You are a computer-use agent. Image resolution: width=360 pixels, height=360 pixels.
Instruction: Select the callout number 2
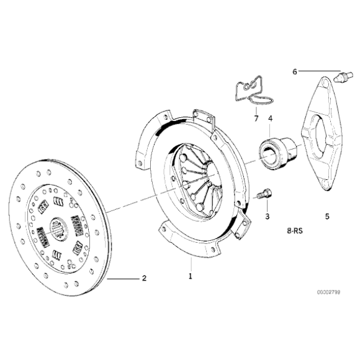pos(144,279)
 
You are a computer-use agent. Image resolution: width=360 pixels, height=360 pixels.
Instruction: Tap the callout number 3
pos(268,216)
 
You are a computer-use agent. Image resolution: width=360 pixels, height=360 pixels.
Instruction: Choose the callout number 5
pos(326,217)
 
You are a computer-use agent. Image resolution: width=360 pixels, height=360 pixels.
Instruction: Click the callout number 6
pos(295,71)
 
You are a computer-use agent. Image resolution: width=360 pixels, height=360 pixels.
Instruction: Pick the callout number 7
pos(255,117)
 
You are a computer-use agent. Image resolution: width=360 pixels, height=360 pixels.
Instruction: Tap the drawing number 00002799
pos(328,291)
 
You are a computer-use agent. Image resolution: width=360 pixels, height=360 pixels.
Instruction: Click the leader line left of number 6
pos(320,71)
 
